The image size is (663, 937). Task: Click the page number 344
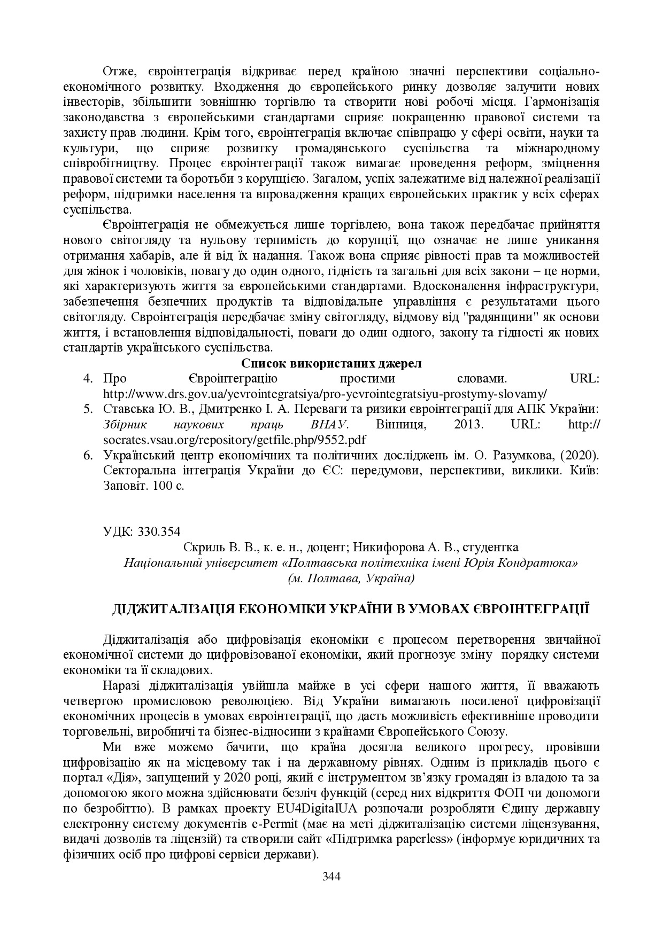pos(331,876)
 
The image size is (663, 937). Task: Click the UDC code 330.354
pos(159,532)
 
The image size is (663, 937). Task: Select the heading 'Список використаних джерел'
pos(331,364)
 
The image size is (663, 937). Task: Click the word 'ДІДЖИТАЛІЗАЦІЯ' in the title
pos(171,609)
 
